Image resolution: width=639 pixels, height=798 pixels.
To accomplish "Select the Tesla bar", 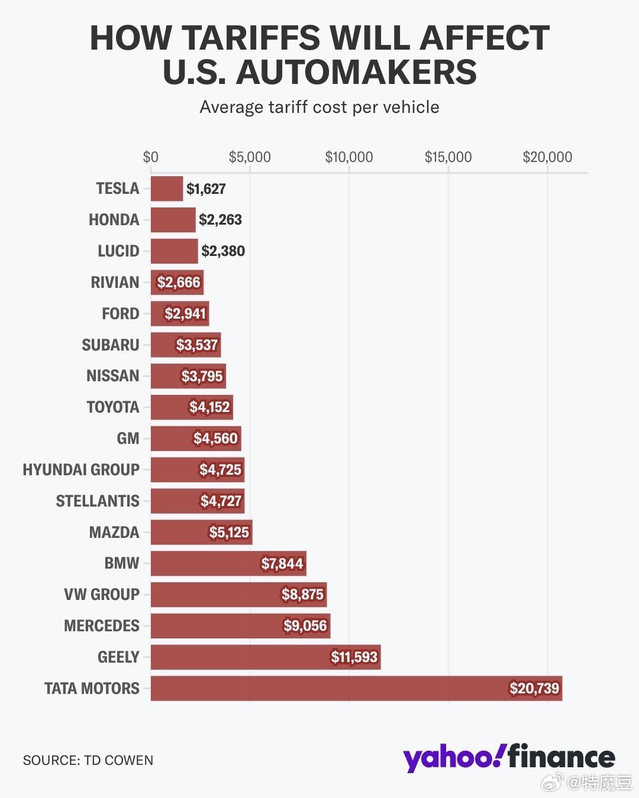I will pos(167,189).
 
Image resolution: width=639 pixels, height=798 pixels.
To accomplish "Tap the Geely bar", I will pos(265,657).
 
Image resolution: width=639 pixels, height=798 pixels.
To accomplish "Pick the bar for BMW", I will pos(228,563).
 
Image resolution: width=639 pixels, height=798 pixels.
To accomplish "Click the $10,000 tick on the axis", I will pos(349,157).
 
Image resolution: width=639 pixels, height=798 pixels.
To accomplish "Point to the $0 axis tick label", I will pos(151,157).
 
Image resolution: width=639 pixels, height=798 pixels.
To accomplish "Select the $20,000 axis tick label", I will pos(547,157).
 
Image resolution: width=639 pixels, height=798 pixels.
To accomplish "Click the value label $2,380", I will pos(223,251).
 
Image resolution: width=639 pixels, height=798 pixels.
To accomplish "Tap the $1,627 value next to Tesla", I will pos(206,189).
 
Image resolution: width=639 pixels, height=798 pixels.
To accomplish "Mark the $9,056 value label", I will pos(305,626).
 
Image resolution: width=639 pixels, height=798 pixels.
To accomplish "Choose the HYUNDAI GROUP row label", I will pos(81,470).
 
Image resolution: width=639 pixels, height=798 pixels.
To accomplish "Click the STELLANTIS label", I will pos(98,501).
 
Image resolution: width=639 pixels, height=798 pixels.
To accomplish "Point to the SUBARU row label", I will pos(111,345).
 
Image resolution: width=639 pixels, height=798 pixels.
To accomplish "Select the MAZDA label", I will pos(114,533).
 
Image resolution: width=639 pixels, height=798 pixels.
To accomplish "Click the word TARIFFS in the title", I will pos(251,38).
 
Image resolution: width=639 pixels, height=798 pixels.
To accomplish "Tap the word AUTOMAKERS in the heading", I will pos(356,72).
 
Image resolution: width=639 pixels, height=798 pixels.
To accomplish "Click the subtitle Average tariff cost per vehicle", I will pos(319,107).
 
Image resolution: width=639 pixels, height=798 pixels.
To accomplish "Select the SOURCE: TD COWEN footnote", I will pos(88,760).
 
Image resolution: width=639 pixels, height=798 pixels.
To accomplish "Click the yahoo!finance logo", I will pos(509,757).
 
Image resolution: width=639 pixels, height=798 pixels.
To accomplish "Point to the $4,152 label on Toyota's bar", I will pos(209,407).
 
